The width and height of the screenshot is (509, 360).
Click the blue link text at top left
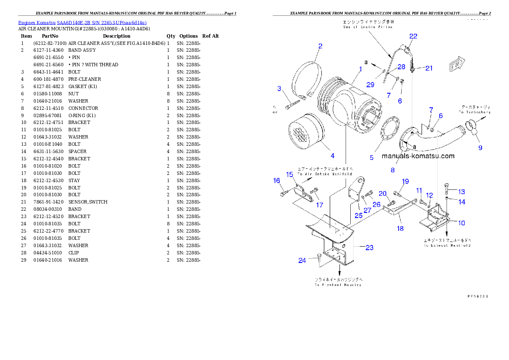click(x=82, y=23)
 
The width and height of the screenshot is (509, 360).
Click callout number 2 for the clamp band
click(x=320, y=46)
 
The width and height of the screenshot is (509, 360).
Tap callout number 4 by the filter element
click(x=332, y=156)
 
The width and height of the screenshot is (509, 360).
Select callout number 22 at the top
click(x=413, y=36)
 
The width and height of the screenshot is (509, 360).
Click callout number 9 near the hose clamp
click(x=480, y=148)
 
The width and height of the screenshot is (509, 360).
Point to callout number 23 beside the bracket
click(x=369, y=247)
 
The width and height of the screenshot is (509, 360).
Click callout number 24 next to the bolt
click(x=302, y=260)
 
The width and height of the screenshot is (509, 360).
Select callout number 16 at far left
click(x=277, y=180)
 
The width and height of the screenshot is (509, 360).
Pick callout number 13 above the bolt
click(x=462, y=192)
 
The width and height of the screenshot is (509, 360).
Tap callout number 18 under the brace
click(x=400, y=228)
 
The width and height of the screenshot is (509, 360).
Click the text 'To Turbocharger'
click(x=475, y=112)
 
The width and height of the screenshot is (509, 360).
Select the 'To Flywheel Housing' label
click(x=338, y=284)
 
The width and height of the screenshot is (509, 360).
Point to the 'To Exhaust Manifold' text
click(x=447, y=245)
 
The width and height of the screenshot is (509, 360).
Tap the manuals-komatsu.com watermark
click(x=418, y=156)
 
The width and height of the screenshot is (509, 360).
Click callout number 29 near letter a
click(x=370, y=85)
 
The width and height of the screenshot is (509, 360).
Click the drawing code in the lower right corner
click(x=477, y=295)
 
